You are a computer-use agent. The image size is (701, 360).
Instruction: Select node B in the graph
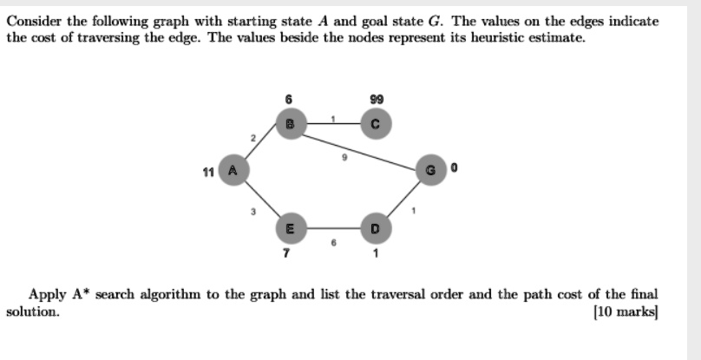(291, 124)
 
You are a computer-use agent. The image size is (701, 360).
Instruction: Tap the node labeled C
(376, 124)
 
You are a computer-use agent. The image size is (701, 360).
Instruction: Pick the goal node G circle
(431, 170)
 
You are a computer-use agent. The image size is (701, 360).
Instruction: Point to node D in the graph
(376, 228)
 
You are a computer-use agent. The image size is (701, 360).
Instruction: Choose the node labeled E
(291, 228)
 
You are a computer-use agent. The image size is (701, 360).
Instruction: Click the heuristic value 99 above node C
(377, 99)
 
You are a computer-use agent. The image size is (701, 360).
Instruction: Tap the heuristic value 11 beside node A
(208, 172)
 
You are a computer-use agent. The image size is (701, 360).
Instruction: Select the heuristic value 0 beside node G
(455, 167)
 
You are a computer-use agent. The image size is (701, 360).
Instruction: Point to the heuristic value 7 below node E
(286, 253)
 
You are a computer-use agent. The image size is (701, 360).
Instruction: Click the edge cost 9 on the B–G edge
(344, 157)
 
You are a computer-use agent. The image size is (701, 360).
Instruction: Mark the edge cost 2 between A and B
(253, 138)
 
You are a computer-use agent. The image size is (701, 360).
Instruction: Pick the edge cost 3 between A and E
(253, 212)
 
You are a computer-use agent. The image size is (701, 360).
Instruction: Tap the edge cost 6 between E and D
(333, 242)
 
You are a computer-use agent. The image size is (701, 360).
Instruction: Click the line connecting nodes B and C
(333, 123)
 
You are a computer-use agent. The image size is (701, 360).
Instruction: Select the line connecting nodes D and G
(403, 199)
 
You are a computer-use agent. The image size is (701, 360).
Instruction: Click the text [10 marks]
(626, 311)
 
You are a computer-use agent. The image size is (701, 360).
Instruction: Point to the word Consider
(36, 21)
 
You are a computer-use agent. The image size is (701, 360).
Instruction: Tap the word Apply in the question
(48, 295)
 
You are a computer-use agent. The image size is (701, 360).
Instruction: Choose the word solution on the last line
(33, 311)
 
